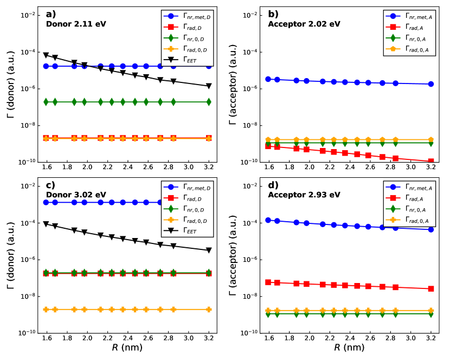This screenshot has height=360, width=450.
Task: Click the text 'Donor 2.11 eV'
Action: coord(73,24)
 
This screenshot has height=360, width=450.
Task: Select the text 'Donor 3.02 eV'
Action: coord(73,195)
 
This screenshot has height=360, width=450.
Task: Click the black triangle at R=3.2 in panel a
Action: coord(209,86)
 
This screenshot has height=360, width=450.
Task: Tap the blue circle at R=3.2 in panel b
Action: coord(431,84)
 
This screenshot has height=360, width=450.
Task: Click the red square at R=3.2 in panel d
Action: coord(431,288)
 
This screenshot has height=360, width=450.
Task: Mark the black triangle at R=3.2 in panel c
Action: coord(209,250)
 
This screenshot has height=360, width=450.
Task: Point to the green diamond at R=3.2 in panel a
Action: coord(209,102)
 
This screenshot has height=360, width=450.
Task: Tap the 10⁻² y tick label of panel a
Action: coord(28,15)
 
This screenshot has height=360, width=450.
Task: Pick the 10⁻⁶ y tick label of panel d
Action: coord(252,260)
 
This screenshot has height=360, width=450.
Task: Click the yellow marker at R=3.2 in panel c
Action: coord(209,310)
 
